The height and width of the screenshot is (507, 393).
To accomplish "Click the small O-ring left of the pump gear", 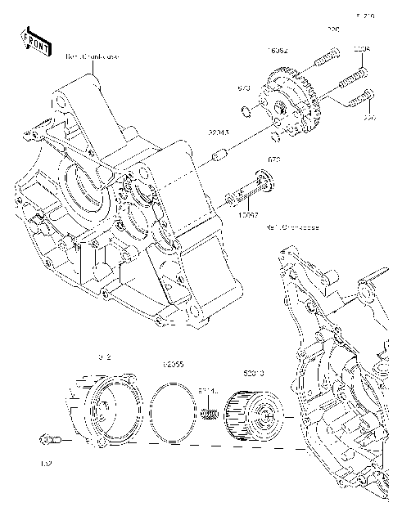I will pos(246,110).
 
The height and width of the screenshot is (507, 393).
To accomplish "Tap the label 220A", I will pos(361,49).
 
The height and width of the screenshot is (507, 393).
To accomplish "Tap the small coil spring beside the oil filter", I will pos(210,415).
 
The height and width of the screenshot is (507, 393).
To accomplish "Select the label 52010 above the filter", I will pos(253,373).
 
